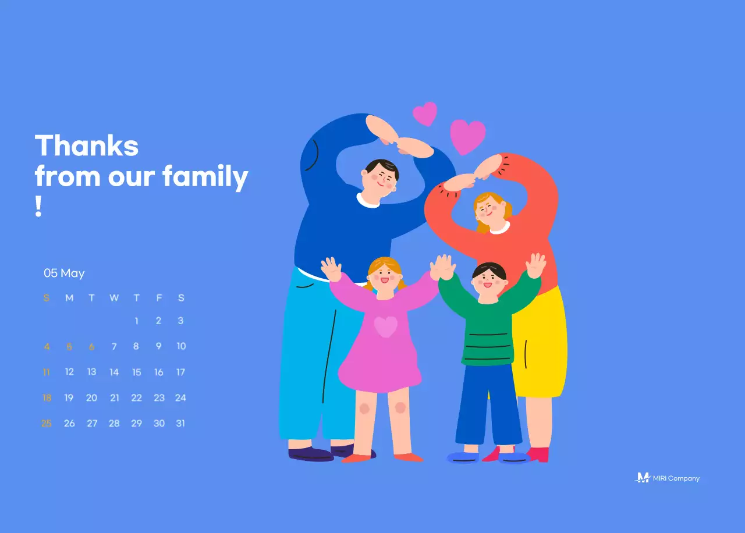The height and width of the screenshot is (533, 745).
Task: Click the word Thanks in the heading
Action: click(87, 145)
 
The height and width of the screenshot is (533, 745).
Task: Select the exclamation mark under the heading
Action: click(38, 207)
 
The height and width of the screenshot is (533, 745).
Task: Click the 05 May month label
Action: click(64, 273)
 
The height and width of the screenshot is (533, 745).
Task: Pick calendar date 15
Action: click(136, 372)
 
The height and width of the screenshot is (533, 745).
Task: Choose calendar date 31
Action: click(180, 424)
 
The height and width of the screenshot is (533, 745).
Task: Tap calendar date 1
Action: click(136, 321)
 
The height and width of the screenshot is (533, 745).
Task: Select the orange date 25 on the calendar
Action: click(47, 424)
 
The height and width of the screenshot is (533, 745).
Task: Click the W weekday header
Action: click(114, 298)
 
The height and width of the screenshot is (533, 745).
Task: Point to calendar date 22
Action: click(136, 398)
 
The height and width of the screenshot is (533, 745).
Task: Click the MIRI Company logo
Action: click(667, 478)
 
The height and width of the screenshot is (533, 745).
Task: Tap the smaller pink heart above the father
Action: click(425, 113)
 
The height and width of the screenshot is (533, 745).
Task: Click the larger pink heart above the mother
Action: click(467, 136)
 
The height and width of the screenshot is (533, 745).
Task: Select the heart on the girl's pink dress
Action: click(385, 326)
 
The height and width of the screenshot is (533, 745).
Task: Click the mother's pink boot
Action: click(539, 454)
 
